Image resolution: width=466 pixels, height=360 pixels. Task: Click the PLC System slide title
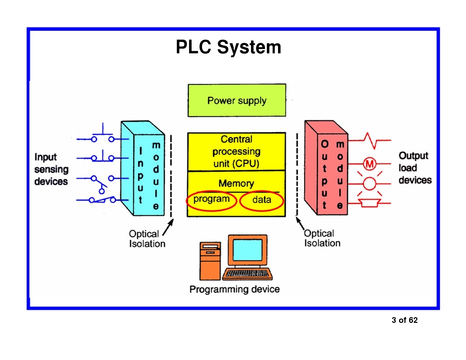click(x=228, y=47)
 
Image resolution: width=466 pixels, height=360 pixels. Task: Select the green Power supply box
click(x=237, y=100)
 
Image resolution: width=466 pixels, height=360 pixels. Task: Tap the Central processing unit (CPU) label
click(x=236, y=151)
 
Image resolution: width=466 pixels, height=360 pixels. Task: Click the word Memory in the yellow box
click(x=236, y=183)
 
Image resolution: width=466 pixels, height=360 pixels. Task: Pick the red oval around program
click(x=211, y=200)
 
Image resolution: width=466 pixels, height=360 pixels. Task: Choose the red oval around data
click(x=262, y=200)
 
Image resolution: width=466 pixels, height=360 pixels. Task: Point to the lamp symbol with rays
click(x=369, y=183)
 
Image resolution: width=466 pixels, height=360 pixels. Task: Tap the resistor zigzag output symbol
click(x=371, y=140)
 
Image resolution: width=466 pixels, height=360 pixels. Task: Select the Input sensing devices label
click(x=51, y=169)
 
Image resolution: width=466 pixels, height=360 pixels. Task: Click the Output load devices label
click(x=415, y=168)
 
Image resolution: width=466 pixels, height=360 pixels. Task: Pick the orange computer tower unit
click(x=210, y=261)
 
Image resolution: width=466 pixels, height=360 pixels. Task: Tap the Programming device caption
click(x=234, y=289)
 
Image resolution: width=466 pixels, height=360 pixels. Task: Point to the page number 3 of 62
click(x=404, y=320)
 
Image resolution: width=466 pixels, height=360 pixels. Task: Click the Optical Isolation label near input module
click(x=147, y=239)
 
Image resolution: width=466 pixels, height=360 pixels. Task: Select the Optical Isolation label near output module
click(x=322, y=238)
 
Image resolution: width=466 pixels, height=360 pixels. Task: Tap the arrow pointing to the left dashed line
click(x=168, y=227)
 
